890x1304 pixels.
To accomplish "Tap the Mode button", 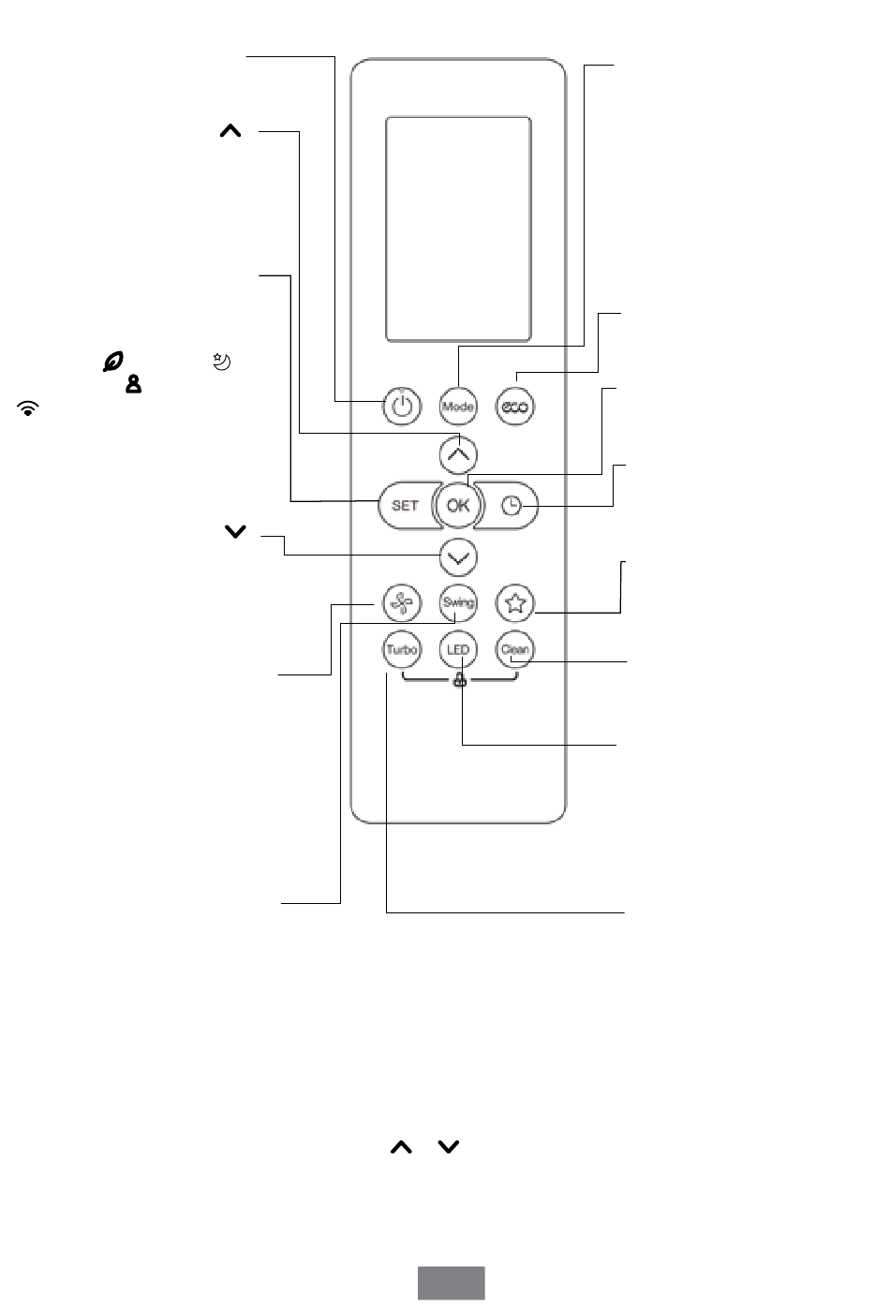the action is point(457,407).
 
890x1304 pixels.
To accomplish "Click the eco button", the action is point(514,407).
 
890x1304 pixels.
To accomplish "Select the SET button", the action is point(407,505).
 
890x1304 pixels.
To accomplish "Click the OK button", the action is point(458,505).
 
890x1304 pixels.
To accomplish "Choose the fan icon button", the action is point(402,603).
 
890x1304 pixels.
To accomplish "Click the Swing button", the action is point(458,603).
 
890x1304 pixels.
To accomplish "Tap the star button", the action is point(514,603).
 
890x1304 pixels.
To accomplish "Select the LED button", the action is point(458,649).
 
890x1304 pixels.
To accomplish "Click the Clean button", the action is point(514,649).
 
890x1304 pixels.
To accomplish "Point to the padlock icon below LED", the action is point(460,679).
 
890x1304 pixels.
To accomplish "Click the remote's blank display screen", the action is point(458,229).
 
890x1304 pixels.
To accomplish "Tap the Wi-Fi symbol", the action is point(28,408).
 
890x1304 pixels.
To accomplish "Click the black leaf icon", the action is point(113,362).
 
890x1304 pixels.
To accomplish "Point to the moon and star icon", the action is point(222,362).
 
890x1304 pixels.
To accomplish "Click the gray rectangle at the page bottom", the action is point(452,1283).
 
